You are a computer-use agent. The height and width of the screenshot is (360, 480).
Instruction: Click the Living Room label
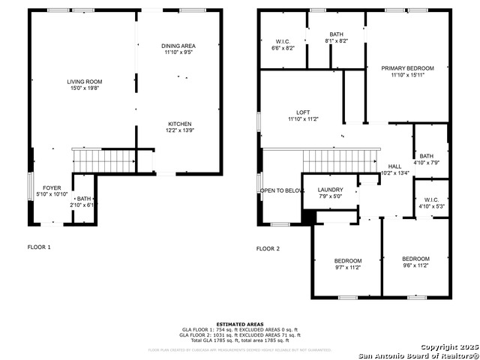pos(85,82)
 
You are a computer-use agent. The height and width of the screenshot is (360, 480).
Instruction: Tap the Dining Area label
pos(178,46)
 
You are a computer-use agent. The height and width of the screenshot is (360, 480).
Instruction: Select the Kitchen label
pos(179,124)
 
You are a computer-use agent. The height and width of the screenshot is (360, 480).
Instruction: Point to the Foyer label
pos(52,188)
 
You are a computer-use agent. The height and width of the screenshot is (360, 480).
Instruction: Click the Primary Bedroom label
pos(407,68)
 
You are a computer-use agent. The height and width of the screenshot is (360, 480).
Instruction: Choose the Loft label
pos(303,112)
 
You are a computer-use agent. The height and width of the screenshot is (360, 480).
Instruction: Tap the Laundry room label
pos(330,190)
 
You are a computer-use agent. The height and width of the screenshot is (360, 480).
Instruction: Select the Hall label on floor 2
pos(395,166)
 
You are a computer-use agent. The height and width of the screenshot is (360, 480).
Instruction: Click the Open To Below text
pos(282,190)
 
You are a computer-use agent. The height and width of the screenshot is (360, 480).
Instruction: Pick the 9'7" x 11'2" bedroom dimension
pos(347,267)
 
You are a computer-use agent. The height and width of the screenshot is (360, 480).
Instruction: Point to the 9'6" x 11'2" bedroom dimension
pos(415,265)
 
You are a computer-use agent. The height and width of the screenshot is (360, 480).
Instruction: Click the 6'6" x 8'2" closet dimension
pos(282,47)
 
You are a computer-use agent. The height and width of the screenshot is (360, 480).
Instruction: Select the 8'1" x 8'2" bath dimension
pos(336,41)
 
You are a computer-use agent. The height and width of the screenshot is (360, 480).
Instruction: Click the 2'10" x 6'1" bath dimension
pos(82,204)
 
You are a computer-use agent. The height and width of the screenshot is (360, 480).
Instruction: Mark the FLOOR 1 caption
pos(39,246)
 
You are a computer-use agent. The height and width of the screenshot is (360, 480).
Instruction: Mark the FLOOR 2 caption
pos(268,248)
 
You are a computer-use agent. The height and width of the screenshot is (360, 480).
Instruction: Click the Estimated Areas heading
pos(239,323)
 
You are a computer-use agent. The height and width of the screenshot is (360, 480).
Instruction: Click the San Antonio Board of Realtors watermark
pos(417,355)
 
